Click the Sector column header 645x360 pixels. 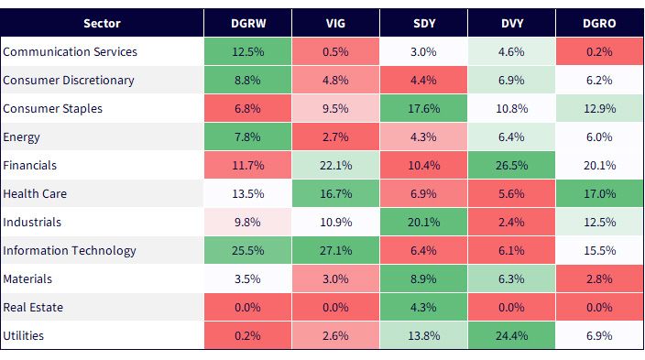coord(102,23)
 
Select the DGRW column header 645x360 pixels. coord(248,23)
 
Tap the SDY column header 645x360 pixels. coord(423,23)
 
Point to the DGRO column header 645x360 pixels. coord(599,23)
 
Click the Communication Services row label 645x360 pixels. coord(70,52)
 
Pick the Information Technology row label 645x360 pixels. coord(70,251)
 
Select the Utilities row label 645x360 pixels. coord(24,336)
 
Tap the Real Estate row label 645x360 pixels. coord(33,308)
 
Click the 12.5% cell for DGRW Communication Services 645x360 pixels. coord(248,52)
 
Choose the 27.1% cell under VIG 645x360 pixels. coord(335,251)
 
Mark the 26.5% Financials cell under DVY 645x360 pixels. coord(511,166)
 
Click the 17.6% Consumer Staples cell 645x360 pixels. coord(423,109)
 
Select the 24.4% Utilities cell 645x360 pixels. coord(511,336)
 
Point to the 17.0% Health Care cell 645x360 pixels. coord(599,194)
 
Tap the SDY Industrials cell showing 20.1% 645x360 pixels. coord(423,223)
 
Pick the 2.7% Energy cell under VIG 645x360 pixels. coord(335,137)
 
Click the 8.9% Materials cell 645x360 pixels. coord(423,279)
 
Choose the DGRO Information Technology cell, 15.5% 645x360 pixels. coord(599,251)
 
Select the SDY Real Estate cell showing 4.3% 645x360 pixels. coord(423,308)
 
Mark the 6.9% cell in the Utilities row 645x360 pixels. coord(599,336)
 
